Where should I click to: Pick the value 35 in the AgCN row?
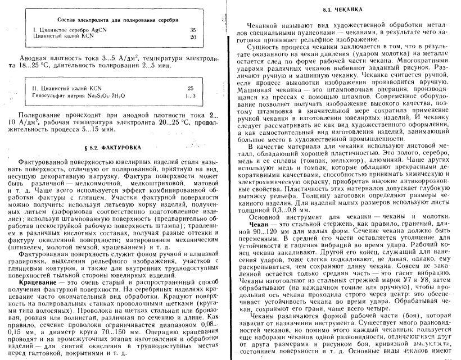click(x=193, y=29)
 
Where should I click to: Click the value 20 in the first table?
click(x=193, y=37)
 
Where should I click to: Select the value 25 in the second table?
click(x=190, y=88)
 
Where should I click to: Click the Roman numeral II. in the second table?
click(x=35, y=88)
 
